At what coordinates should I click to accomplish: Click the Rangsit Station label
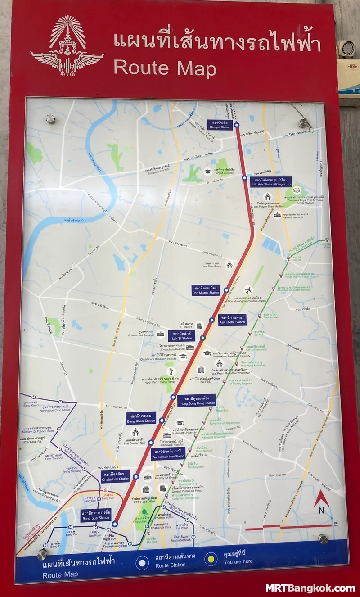tap(220, 125)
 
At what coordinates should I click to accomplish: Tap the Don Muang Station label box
tap(206, 289)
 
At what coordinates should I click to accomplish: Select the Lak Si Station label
tap(181, 335)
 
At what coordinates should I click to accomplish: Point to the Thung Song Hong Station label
tap(197, 400)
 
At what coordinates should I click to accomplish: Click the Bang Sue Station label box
tap(96, 515)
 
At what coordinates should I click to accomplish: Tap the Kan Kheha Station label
tap(232, 320)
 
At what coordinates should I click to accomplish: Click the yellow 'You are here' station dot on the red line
tap(203, 338)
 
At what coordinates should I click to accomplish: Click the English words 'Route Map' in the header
tap(165, 68)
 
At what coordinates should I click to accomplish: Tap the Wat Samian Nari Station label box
tap(169, 453)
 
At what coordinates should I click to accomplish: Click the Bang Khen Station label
tap(141, 418)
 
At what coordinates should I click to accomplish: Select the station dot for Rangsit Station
tap(237, 125)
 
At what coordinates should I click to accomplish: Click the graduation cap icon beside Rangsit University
tap(207, 171)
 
